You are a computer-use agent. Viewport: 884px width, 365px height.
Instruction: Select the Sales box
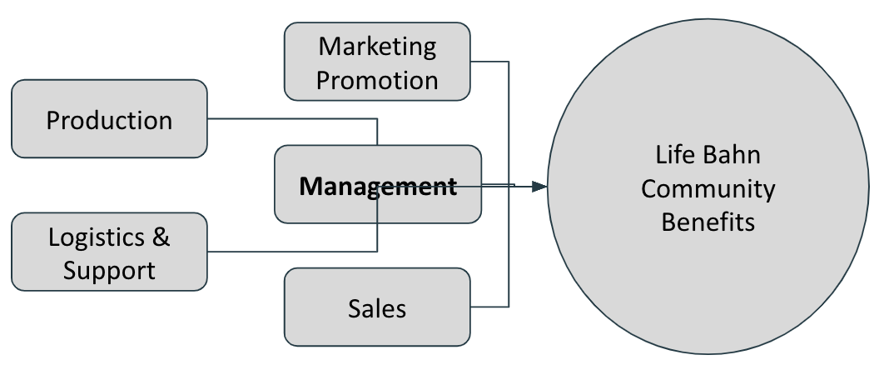coord(377,307)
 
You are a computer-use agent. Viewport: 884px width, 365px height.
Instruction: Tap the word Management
coord(378,186)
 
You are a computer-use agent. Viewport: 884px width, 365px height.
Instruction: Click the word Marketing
coord(377,46)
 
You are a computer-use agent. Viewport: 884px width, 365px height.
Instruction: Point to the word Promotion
coord(377,81)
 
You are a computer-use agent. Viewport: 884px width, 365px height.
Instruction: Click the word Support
coord(109,270)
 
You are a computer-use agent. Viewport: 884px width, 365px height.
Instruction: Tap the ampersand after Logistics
coord(161,237)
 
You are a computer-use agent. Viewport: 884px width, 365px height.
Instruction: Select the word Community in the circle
coord(708,189)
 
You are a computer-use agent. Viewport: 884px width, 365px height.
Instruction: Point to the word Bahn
coord(733,156)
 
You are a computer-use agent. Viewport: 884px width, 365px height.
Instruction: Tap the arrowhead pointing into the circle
coord(539,187)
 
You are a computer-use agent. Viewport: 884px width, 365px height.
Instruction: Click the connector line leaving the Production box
coord(291,119)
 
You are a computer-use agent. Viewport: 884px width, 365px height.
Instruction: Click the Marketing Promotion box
coord(377,62)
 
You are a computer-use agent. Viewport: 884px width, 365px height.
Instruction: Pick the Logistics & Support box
coord(109,252)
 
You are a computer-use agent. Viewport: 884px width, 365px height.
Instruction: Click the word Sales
coord(377,309)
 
